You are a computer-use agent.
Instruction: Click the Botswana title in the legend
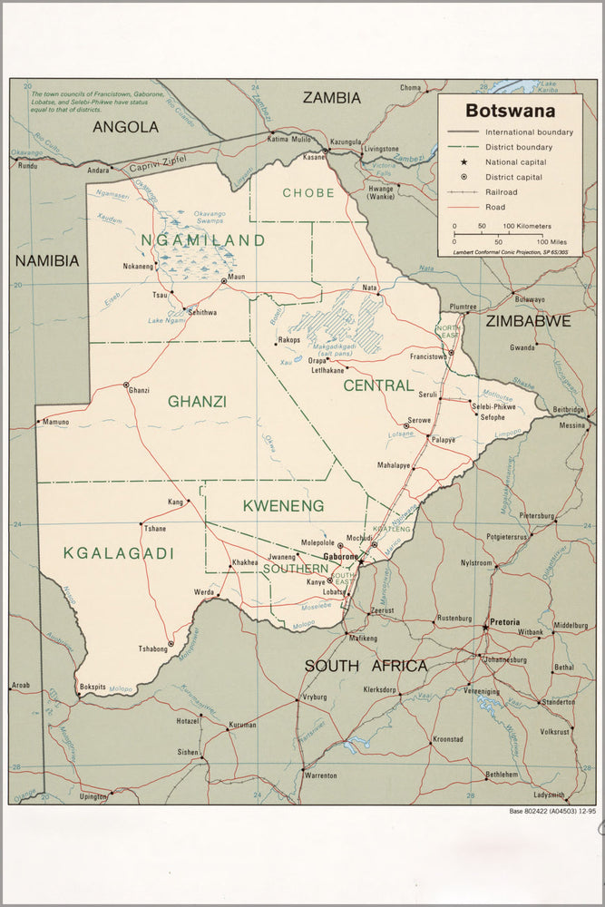(508, 111)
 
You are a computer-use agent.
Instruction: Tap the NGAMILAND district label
(202, 240)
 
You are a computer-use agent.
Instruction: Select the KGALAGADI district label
(106, 552)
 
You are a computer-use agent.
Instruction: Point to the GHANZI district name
(197, 401)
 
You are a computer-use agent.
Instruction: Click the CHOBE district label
(308, 192)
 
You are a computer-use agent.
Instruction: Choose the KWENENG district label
(283, 504)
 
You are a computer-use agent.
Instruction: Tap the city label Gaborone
(341, 556)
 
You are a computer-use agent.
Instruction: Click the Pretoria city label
(504, 622)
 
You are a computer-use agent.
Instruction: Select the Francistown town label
(429, 356)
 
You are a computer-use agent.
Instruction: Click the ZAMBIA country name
(331, 97)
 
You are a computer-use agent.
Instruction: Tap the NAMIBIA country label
(46, 260)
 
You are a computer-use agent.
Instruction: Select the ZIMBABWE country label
(528, 320)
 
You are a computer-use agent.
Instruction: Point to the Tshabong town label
(152, 649)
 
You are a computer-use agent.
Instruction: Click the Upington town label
(93, 796)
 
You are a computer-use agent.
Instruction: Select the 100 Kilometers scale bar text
(527, 225)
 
